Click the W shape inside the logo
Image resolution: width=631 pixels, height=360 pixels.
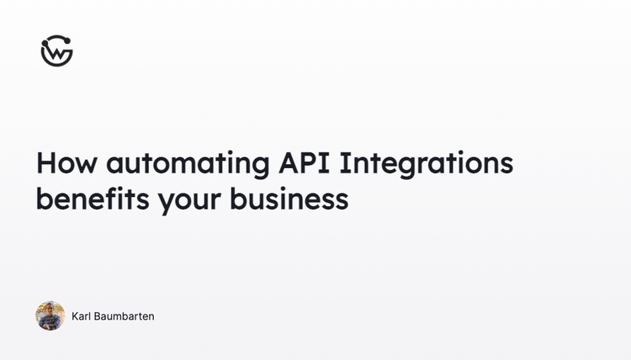pyautogui.click(x=56, y=53)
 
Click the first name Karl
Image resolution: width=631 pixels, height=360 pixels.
pyautogui.click(x=82, y=316)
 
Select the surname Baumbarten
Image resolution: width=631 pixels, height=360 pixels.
pyautogui.click(x=125, y=316)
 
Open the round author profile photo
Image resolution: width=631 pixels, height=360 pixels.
pyautogui.click(x=50, y=315)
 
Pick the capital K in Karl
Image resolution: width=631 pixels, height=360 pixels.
pyautogui.click(x=75, y=316)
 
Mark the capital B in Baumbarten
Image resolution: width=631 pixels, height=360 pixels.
pyautogui.click(x=99, y=316)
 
